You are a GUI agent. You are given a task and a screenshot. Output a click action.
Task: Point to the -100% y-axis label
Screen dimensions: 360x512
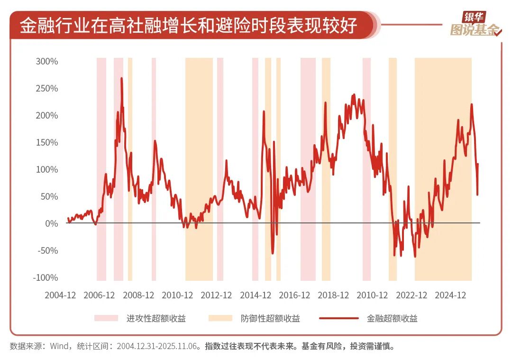click(x=46, y=277)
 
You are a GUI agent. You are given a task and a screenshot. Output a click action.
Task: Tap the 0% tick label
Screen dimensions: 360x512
click(x=51, y=223)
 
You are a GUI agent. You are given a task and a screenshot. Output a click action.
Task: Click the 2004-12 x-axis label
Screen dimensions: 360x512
click(x=60, y=295)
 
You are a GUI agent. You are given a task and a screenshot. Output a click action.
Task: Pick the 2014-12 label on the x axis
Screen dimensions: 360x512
click(x=256, y=295)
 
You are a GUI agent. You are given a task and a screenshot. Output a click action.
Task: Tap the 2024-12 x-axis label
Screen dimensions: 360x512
click(x=451, y=295)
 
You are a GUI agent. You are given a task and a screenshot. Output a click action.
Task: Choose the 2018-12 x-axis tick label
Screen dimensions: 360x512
click(x=333, y=295)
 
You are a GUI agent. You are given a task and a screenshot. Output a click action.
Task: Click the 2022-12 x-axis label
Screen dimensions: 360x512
click(x=411, y=295)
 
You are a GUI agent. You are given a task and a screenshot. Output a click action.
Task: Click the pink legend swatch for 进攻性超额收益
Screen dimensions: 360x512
click(x=106, y=318)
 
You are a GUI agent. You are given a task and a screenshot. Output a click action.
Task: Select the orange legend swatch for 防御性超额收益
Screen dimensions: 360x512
click(x=220, y=318)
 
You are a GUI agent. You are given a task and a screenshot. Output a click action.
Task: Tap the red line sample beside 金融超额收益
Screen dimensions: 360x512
click(x=338, y=318)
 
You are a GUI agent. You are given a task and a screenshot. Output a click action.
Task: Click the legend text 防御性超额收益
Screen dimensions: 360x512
click(x=270, y=318)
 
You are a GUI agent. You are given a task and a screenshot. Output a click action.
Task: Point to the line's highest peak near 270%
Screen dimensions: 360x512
click(x=121, y=78)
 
